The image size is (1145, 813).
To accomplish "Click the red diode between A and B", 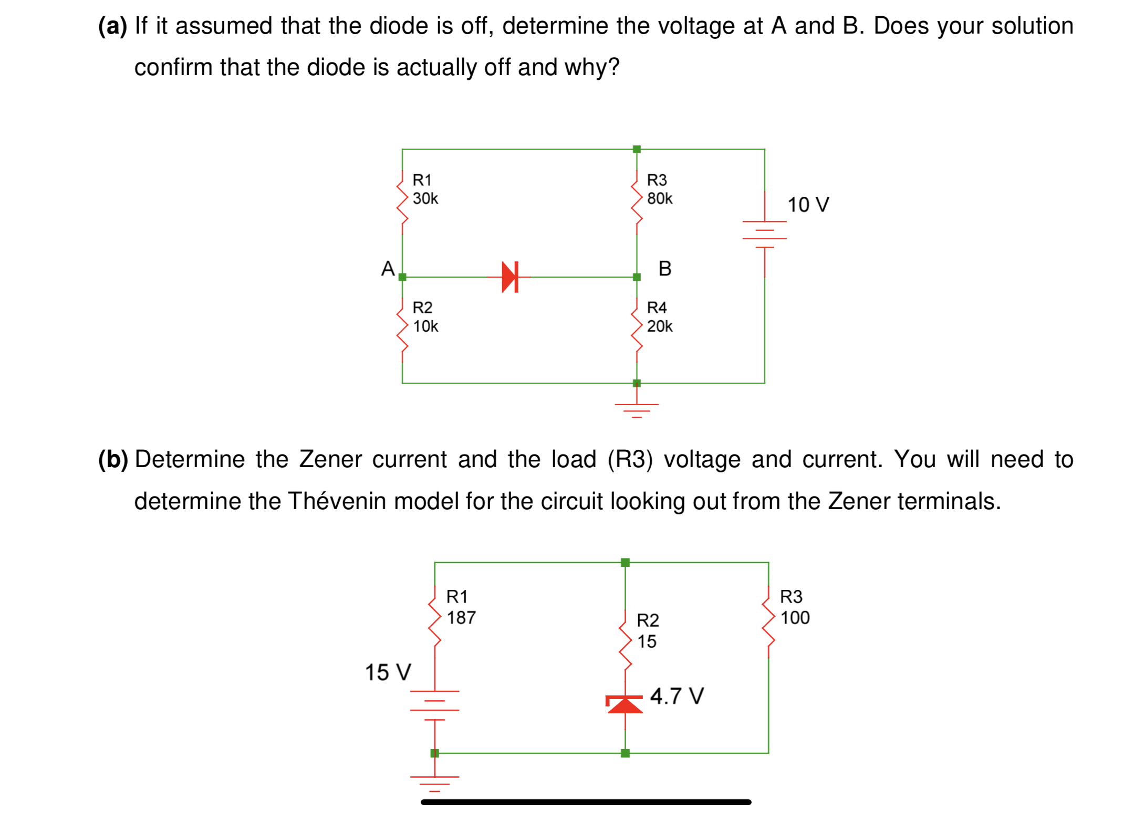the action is point(510,277).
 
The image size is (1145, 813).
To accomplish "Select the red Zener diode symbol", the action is point(624,704).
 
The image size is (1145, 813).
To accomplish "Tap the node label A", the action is point(388,269).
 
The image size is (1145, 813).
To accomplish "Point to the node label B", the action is point(664,269).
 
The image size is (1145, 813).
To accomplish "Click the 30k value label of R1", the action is point(425,198).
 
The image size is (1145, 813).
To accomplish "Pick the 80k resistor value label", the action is point(659,198).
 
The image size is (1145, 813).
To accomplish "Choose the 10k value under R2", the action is point(425,326).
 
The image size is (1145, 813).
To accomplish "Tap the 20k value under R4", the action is point(659,326).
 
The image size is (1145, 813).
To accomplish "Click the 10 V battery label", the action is point(808,205).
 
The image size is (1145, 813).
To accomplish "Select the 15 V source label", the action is point(388,672).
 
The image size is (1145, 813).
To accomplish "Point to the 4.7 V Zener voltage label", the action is point(676,696).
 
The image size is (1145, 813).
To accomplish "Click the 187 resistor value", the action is point(461,618).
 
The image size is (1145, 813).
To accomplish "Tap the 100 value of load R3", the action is point(795,618).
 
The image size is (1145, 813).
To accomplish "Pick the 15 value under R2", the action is point(647,641).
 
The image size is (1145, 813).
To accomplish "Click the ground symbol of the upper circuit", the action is point(637,408).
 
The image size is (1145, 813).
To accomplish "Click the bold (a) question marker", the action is point(112,26).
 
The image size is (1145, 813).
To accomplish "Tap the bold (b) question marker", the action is point(113,460).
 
